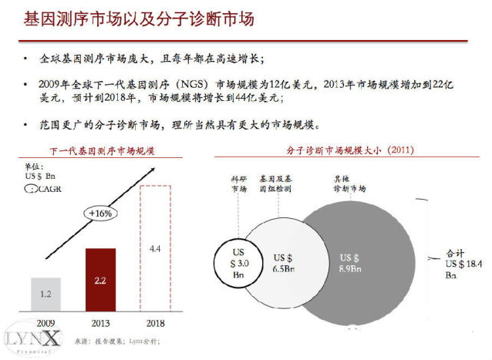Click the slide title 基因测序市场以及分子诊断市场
[x=138, y=19]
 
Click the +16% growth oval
[x=98, y=214]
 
